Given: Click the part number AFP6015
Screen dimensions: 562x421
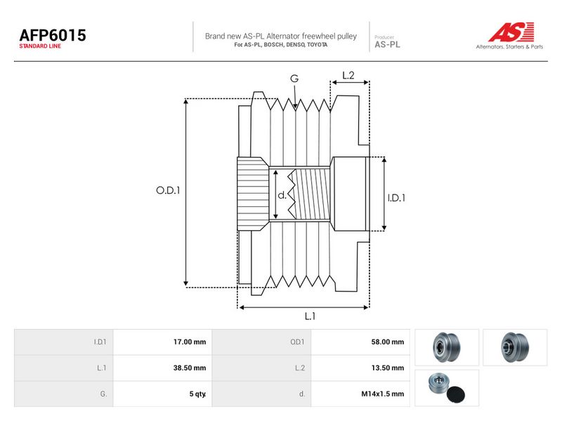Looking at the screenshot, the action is pyautogui.click(x=53, y=35).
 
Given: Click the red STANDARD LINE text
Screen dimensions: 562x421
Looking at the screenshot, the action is pyautogui.click(x=40, y=46).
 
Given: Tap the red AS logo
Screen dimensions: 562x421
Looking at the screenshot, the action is pyautogui.click(x=511, y=32).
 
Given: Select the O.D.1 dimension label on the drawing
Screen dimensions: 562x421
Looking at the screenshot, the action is pyautogui.click(x=168, y=190).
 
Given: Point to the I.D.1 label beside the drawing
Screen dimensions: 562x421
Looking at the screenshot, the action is pyautogui.click(x=396, y=198).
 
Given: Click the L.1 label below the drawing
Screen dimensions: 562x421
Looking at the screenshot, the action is pyautogui.click(x=310, y=316).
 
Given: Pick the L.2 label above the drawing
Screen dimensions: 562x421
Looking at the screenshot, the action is pyautogui.click(x=348, y=75).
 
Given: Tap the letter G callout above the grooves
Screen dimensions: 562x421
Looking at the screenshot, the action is pyautogui.click(x=294, y=79).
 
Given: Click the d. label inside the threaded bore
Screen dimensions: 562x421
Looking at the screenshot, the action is pyautogui.click(x=282, y=195).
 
